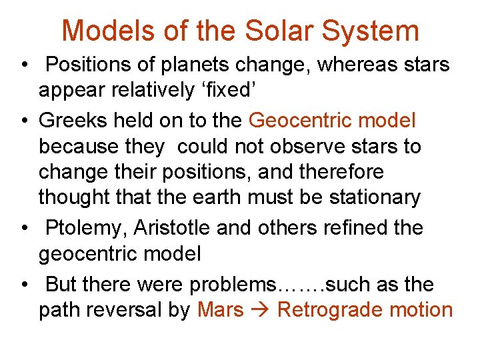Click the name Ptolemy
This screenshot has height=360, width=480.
click(87, 227)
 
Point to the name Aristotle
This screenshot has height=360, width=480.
click(175, 227)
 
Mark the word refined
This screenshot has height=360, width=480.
click(357, 227)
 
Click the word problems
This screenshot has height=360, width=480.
click(232, 285)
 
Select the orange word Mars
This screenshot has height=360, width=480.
click(221, 310)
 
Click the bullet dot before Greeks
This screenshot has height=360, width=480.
click(23, 121)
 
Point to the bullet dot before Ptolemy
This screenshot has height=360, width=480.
click(23, 229)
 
